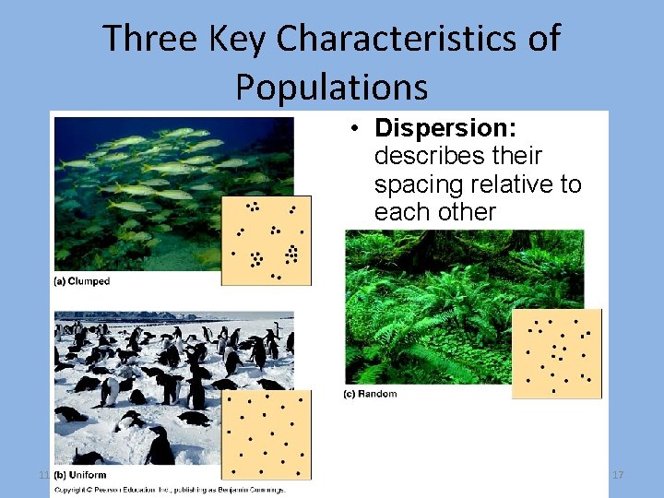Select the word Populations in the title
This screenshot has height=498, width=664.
[331, 87]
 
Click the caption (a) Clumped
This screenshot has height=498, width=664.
[83, 281]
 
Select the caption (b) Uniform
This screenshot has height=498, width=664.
[80, 475]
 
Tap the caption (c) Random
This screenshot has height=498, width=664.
[372, 394]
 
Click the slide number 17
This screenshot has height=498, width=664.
[618, 475]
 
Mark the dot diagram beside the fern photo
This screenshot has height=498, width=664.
[556, 353]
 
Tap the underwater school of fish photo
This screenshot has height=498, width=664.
[148, 189]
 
